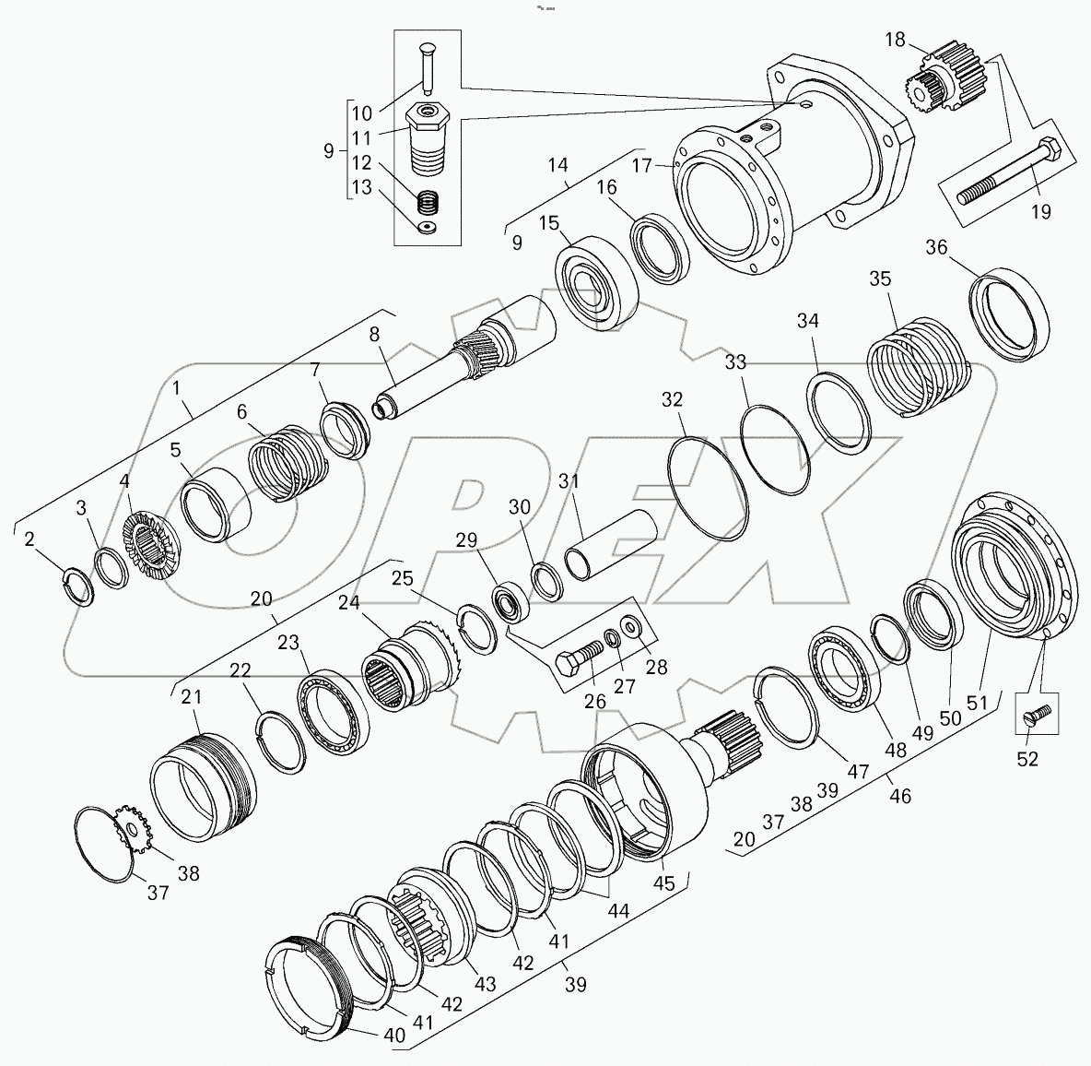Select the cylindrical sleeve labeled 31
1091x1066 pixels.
coord(610,546)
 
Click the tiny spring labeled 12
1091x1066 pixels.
coord(427,201)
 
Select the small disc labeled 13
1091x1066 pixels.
coord(427,227)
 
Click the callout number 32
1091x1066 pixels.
coord(673,399)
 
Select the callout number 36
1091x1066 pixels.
coord(936,247)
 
